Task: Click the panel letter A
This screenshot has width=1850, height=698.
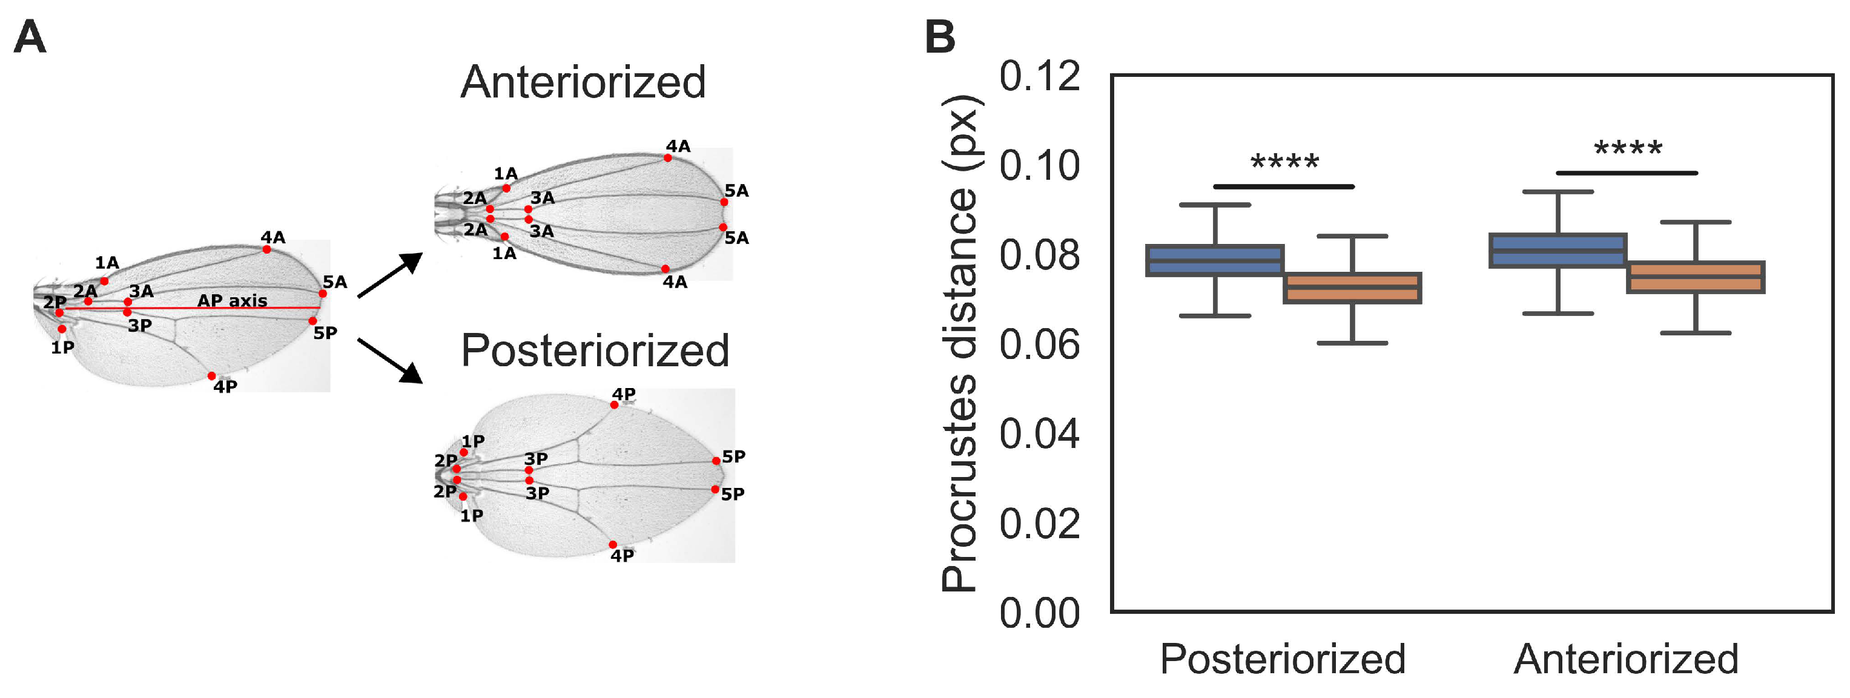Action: coord(30,38)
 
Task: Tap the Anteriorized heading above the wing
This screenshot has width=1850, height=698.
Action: coord(583,82)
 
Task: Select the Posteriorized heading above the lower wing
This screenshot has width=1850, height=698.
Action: coord(595,351)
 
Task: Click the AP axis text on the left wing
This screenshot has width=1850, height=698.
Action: coord(232,300)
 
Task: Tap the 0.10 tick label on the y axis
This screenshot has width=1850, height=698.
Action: coord(1039,166)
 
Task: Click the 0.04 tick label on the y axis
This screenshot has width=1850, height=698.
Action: coord(1039,435)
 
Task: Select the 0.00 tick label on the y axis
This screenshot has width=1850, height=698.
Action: coord(1039,613)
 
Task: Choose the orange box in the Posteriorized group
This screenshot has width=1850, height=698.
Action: coord(1352,288)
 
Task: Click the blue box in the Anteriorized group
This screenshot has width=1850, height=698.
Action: coord(1558,251)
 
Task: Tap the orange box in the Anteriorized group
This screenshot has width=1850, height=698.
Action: coord(1696,277)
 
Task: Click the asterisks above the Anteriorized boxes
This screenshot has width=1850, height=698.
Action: coord(1627,150)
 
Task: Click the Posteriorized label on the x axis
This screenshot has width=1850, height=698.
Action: coord(1283,659)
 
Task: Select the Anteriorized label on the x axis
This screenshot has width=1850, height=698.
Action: coord(1626,659)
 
